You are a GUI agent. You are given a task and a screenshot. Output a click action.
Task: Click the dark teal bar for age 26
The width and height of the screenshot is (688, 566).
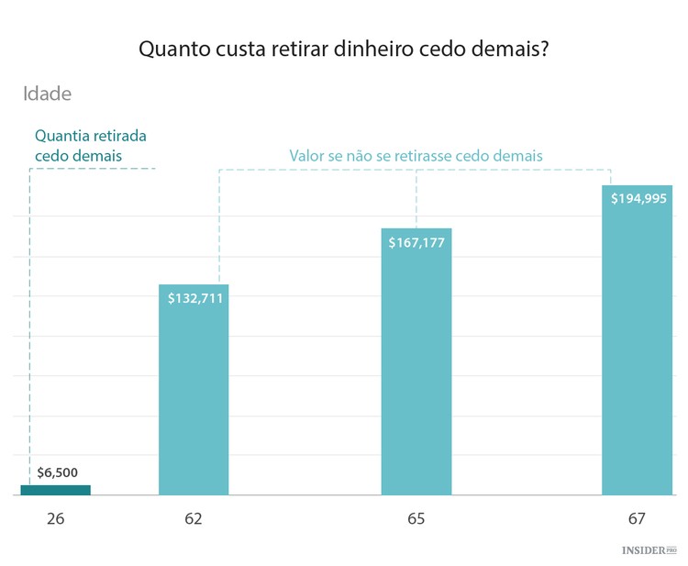click(x=56, y=490)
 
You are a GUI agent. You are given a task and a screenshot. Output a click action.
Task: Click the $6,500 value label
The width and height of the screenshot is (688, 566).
click(x=57, y=473)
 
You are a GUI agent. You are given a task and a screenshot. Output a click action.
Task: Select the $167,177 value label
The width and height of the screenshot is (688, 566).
click(x=416, y=242)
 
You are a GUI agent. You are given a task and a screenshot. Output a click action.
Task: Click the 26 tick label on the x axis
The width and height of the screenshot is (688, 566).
click(x=56, y=518)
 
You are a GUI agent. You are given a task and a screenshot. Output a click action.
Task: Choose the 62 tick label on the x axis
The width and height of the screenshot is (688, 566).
click(x=193, y=518)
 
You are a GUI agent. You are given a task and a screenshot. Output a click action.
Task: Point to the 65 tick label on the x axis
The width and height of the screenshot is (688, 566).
click(x=416, y=518)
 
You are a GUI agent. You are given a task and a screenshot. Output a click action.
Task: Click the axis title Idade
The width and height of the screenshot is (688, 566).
click(x=48, y=94)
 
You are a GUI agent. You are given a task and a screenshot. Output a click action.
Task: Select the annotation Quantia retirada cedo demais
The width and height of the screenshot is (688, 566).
click(x=90, y=145)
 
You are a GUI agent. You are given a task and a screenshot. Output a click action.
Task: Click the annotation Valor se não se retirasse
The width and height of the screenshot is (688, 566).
click(x=416, y=156)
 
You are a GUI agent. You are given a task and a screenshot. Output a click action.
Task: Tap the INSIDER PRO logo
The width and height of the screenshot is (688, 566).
click(x=649, y=549)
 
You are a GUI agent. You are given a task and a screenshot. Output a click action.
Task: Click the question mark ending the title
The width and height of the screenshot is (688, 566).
click(x=544, y=49)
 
